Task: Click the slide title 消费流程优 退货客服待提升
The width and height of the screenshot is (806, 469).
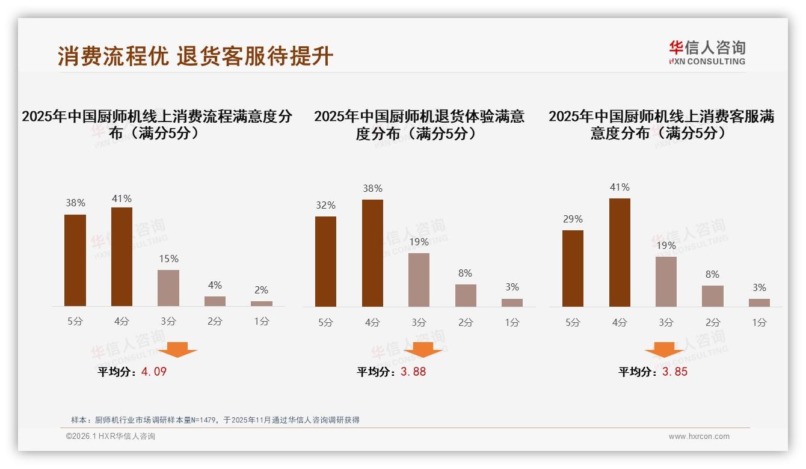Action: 195,56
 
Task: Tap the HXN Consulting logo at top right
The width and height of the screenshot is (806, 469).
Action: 707,53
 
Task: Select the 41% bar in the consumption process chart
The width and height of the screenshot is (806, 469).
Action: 122,257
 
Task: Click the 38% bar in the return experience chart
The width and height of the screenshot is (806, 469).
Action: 372,253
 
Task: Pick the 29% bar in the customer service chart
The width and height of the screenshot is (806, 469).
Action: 573,268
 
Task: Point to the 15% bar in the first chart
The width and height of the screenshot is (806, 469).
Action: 168,288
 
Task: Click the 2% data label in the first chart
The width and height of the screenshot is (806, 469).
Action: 261,290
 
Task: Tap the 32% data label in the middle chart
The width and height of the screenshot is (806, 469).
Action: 325,206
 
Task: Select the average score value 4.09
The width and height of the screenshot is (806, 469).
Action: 154,372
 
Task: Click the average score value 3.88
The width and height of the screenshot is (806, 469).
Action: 413,372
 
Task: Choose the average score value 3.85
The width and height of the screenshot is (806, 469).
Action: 675,372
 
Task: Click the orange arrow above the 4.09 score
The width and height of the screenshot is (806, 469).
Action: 177,349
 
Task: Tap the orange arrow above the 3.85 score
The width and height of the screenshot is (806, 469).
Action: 664,349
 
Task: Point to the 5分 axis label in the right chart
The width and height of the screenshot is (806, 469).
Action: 573,322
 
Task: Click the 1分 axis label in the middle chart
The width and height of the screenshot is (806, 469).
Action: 512,322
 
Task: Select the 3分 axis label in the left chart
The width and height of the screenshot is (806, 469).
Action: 168,321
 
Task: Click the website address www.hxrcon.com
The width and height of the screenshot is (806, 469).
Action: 699,437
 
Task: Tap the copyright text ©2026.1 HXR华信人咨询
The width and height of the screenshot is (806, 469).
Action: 111,437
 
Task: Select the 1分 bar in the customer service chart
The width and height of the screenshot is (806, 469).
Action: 759,302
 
